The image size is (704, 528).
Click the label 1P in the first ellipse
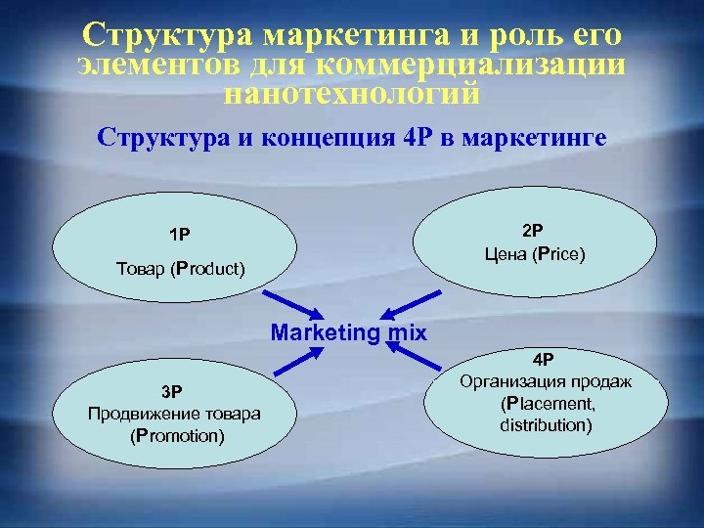178,235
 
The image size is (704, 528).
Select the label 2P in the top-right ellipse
533,231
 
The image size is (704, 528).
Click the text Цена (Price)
534,254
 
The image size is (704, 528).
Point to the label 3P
172,392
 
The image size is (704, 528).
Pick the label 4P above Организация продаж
543,359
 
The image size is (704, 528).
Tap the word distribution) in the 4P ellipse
546,424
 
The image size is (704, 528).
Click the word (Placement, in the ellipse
547,403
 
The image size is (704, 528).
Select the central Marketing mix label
349,332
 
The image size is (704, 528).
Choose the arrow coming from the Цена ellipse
405,302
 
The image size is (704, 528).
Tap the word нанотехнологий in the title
352,95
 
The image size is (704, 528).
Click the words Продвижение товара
174,414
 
